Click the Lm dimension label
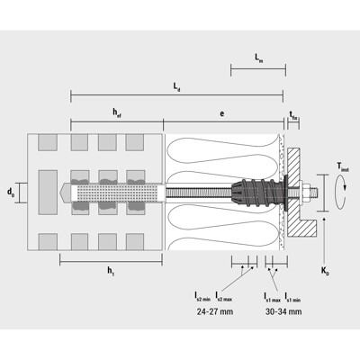point(259,58)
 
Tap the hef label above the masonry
point(117,112)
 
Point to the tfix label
point(293,112)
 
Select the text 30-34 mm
point(283,311)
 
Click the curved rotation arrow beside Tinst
point(334,192)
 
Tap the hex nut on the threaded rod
point(303,192)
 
